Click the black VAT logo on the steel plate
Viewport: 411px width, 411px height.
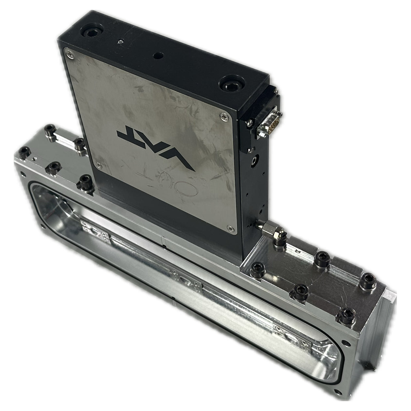156,148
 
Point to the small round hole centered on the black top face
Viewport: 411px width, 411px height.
159,56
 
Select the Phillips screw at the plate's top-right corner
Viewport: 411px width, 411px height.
224,117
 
